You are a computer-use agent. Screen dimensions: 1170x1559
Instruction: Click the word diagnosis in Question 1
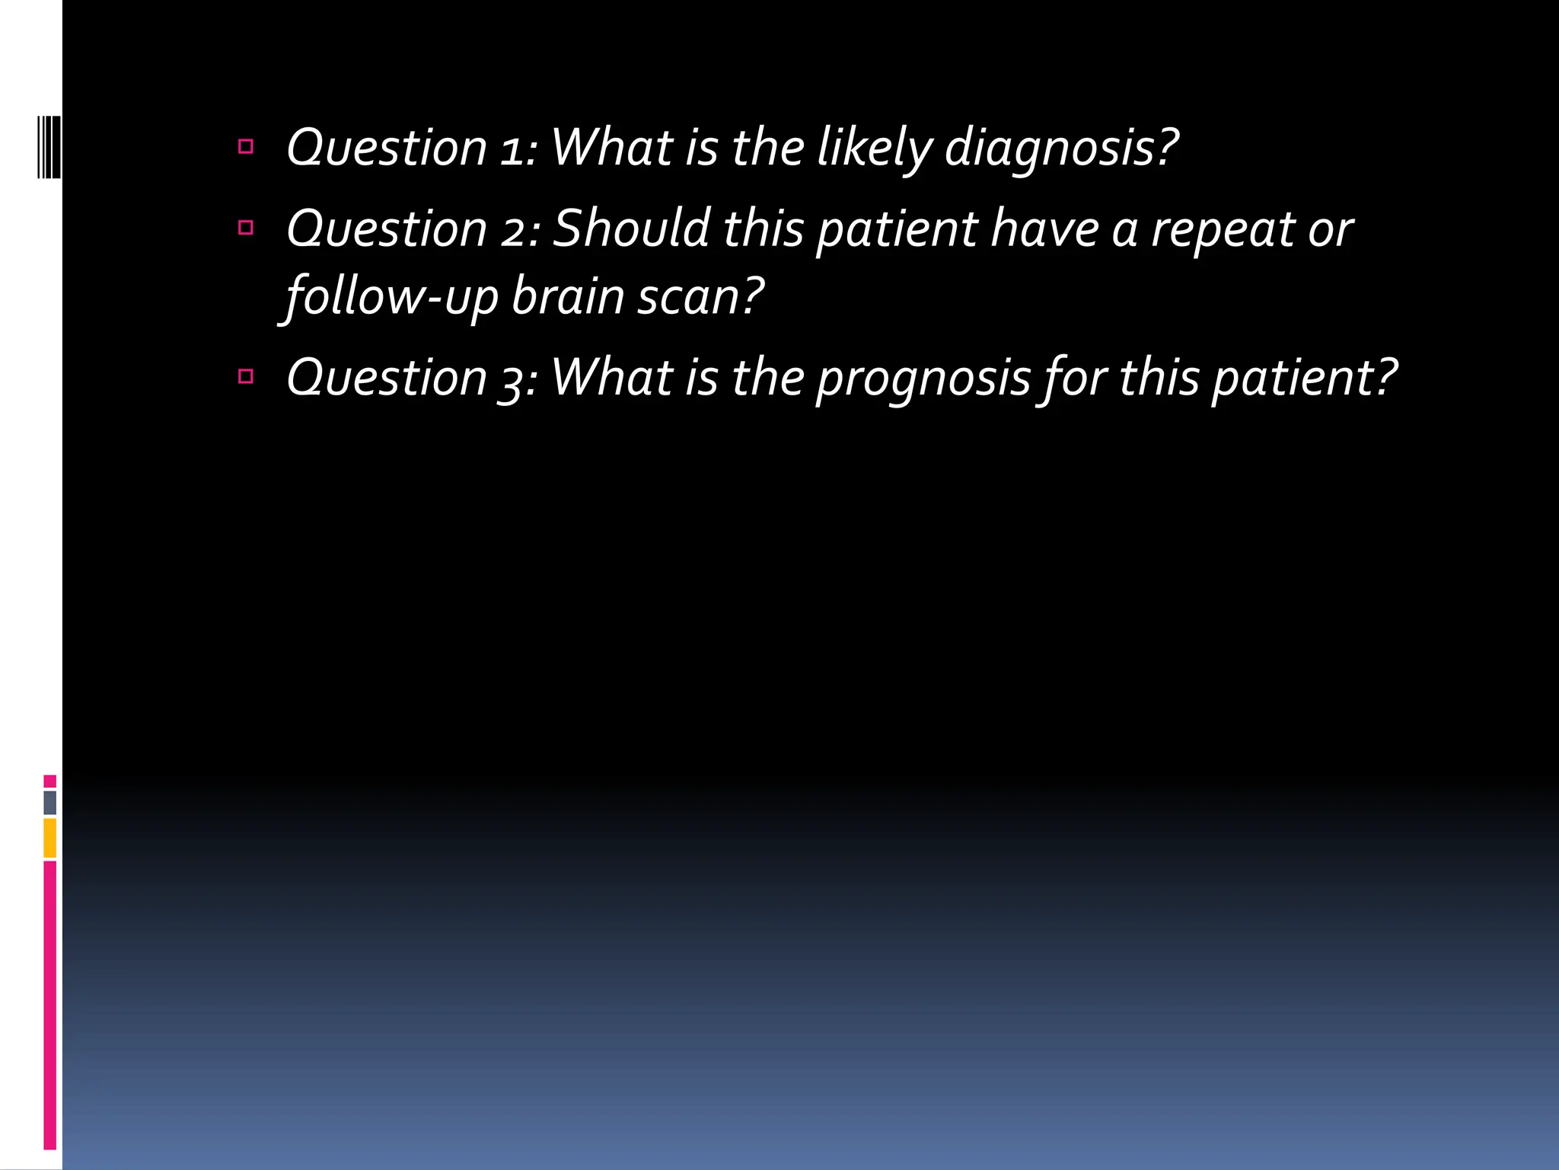1060,148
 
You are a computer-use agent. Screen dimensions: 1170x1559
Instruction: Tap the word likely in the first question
874,148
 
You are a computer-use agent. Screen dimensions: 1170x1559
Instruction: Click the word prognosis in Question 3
923,379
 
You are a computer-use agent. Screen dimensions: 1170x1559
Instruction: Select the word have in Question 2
1044,229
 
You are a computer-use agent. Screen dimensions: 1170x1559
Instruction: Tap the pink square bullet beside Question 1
245,146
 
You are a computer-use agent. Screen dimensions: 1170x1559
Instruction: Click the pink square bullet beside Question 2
245,227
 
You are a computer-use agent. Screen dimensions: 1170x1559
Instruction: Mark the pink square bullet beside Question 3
245,376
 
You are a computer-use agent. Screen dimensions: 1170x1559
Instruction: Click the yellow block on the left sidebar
49,837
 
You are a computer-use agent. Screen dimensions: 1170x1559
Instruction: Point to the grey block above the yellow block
49,802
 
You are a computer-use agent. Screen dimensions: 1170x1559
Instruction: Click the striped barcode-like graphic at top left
49,145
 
